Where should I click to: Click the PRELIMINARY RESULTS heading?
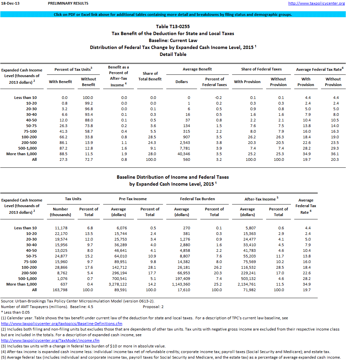68,3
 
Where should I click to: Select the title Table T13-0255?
173,26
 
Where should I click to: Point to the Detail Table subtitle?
173,54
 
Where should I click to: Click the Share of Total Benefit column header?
150,76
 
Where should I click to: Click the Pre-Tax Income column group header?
133,199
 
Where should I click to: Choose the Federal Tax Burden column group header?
197,199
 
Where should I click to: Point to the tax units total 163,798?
60,290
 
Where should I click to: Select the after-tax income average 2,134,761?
247,284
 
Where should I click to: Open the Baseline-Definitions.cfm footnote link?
62,324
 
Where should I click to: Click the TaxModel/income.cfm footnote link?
50,340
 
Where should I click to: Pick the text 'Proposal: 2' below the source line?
153,307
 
